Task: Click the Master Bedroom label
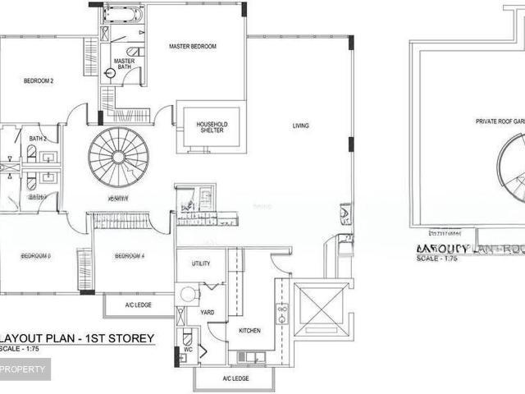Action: [x=193, y=47]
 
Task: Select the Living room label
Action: [x=301, y=126]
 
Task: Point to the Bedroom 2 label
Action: [x=39, y=80]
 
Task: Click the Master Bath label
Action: [x=125, y=64]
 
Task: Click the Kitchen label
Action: [x=249, y=330]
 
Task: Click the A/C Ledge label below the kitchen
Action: [x=235, y=378]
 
